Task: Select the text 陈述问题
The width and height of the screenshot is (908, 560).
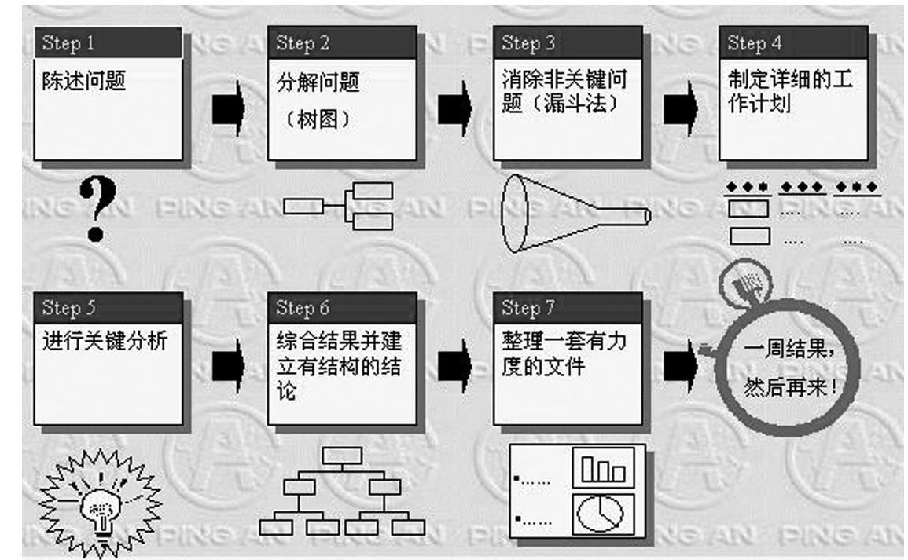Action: (83, 80)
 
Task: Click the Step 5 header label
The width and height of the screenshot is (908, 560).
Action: (69, 307)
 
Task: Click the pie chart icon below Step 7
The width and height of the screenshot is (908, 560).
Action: (601, 514)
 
